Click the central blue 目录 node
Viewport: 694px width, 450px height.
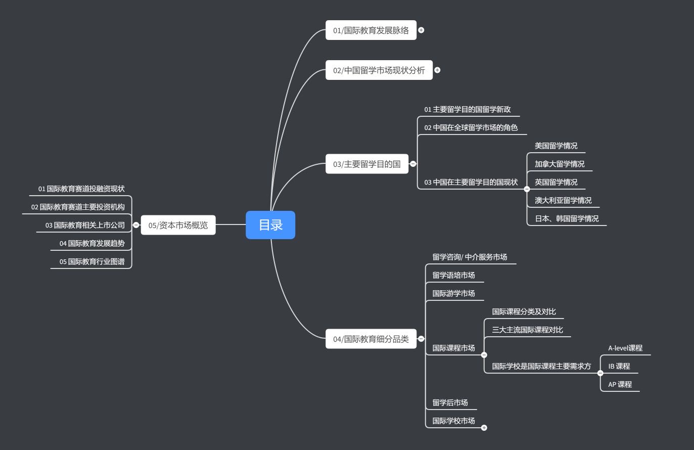tap(270, 225)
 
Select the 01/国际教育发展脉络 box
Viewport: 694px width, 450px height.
tap(371, 30)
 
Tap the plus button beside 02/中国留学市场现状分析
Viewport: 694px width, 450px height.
tap(437, 70)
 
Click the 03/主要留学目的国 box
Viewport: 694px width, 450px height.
tap(366, 164)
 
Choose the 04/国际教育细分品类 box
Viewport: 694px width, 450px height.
tap(371, 339)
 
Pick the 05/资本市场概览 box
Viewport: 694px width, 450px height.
tap(178, 225)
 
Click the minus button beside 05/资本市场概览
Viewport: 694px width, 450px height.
tap(136, 225)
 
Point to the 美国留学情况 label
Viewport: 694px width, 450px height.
tap(556, 146)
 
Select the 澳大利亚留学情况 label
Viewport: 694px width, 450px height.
tap(563, 200)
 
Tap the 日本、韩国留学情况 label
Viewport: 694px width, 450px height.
tap(567, 218)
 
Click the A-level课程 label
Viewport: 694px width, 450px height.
tap(625, 348)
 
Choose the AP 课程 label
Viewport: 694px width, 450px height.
tap(620, 384)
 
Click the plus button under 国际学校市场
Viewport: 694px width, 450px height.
tap(484, 428)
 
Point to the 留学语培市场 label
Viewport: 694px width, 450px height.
tap(453, 275)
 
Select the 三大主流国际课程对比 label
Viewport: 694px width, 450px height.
tap(527, 330)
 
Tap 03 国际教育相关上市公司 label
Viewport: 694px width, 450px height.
tap(85, 225)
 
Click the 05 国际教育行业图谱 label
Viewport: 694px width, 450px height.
tap(92, 261)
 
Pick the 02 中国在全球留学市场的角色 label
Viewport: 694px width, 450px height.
tap(471, 127)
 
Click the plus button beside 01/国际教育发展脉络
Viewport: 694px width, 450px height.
tap(421, 30)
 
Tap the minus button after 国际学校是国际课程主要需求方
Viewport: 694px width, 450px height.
tap(600, 373)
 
